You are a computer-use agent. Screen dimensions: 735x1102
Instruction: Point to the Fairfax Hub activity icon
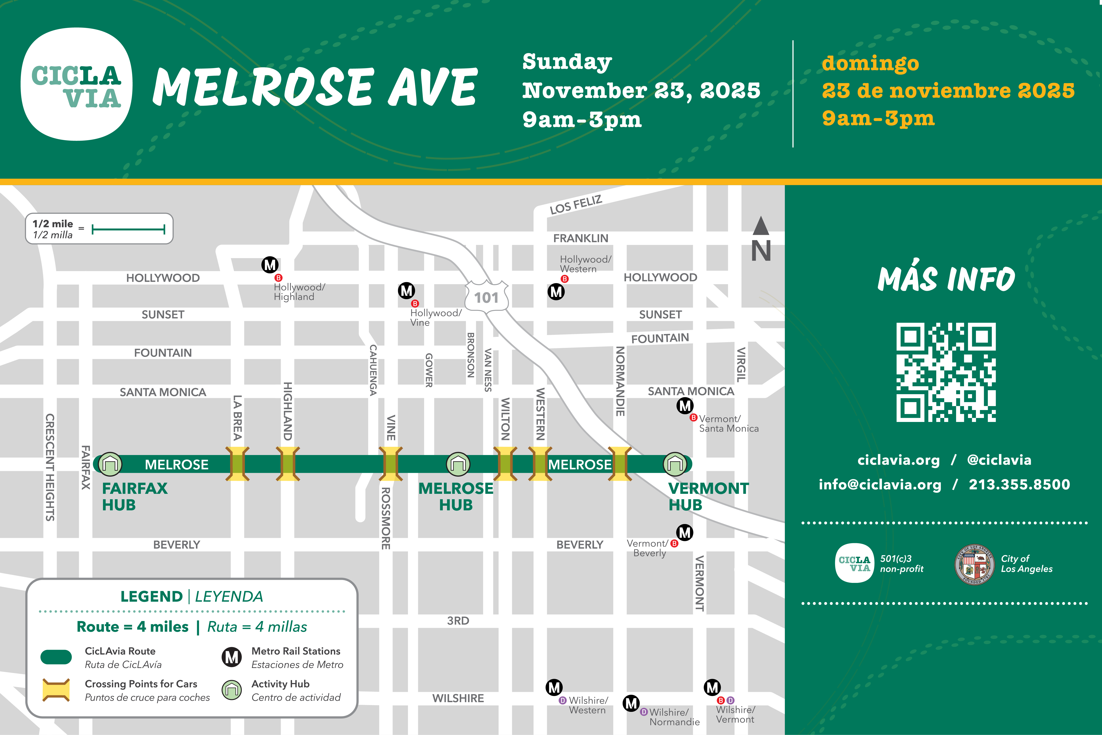[110, 464]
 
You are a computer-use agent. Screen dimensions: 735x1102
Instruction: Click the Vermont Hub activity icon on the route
[675, 464]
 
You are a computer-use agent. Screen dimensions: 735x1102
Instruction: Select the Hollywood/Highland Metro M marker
[270, 265]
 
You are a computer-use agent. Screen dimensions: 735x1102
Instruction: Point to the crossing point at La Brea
[238, 464]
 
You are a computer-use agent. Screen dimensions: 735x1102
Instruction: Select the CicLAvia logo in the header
[76, 84]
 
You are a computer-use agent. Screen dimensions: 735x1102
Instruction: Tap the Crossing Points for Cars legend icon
[56, 690]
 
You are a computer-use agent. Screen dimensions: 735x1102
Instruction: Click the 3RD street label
[458, 621]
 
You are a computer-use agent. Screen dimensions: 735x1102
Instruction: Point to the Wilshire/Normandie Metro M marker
[631, 703]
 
